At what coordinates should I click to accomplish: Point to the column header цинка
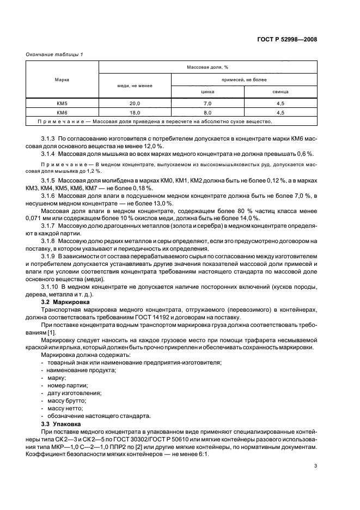[x=208, y=92]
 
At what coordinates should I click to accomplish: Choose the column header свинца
[x=280, y=92]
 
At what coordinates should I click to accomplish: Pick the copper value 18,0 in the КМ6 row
[x=135, y=113]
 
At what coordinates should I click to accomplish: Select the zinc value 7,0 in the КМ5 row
[x=208, y=104]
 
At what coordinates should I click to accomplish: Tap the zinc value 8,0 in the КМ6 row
[x=208, y=113]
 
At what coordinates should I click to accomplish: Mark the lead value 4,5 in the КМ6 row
[x=280, y=113]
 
